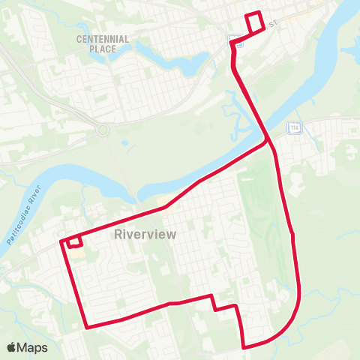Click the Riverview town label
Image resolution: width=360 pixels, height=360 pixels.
tap(145, 235)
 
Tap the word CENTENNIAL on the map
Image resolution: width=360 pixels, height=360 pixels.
tap(103, 39)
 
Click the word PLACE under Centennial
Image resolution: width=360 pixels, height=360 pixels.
tap(103, 49)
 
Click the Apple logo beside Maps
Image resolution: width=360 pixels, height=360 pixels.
tap(11, 348)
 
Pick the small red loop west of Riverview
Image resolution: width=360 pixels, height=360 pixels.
tap(73, 241)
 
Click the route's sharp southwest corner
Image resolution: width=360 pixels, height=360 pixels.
tap(88, 327)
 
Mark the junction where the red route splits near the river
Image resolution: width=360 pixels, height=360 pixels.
tap(268, 139)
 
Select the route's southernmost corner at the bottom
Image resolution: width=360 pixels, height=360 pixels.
tap(244, 346)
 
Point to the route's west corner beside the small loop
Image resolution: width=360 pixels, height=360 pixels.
tap(60, 242)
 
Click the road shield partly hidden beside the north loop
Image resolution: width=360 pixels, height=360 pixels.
tap(237, 42)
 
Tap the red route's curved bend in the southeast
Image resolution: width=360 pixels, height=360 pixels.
tap(295, 315)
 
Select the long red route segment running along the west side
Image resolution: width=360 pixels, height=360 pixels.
tap(74, 285)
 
